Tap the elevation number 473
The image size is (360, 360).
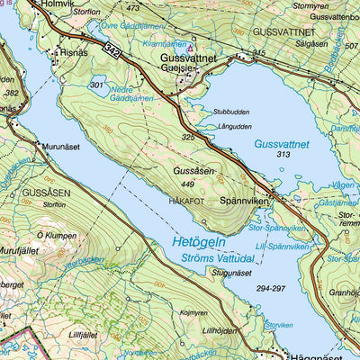[133, 8]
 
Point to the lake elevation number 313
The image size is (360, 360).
[284, 155]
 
